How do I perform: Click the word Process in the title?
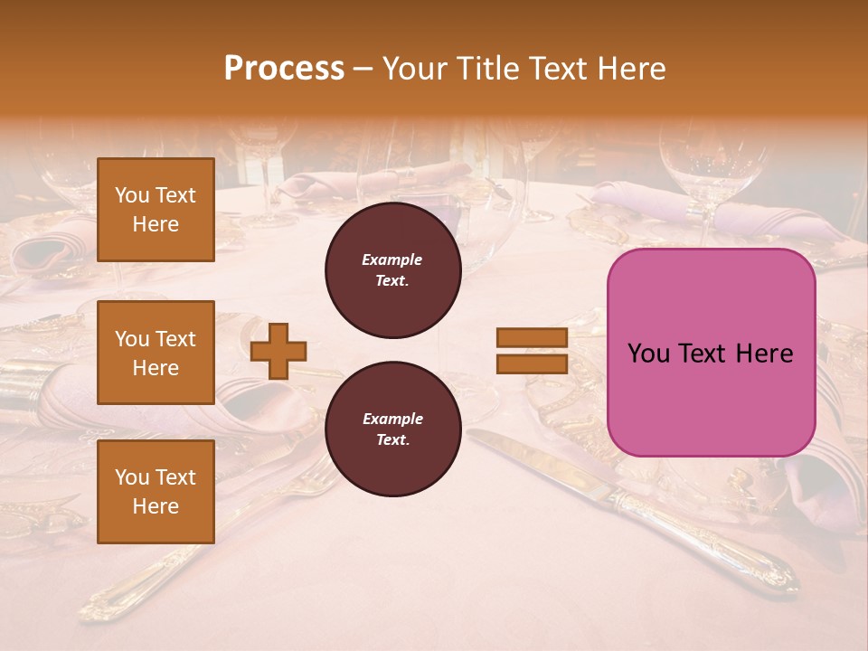click(x=284, y=69)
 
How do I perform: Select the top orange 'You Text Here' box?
click(x=156, y=210)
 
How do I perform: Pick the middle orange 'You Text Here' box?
click(x=156, y=353)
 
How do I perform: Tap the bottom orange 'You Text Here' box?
click(x=156, y=492)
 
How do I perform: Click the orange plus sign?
click(x=278, y=350)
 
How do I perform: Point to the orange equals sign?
click(x=532, y=351)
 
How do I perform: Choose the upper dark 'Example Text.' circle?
click(x=392, y=270)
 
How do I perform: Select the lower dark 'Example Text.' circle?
click(x=392, y=429)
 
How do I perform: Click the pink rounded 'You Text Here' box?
click(x=711, y=353)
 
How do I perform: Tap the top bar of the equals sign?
click(x=532, y=338)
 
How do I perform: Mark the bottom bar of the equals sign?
click(x=532, y=363)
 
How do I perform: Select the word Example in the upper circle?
click(x=392, y=259)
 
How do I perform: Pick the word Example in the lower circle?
click(x=392, y=419)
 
